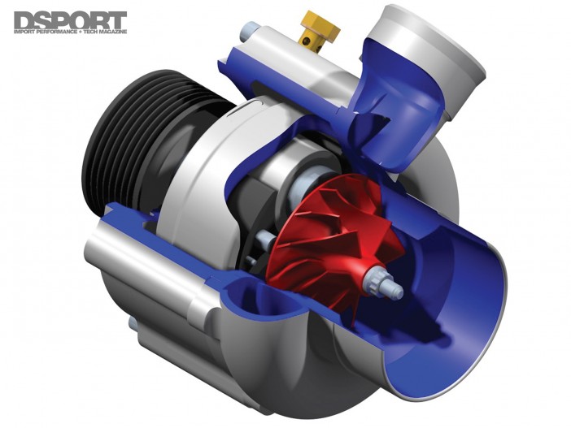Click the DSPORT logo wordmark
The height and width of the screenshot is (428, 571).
click(x=70, y=20)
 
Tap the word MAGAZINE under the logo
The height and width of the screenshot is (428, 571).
click(x=117, y=33)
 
